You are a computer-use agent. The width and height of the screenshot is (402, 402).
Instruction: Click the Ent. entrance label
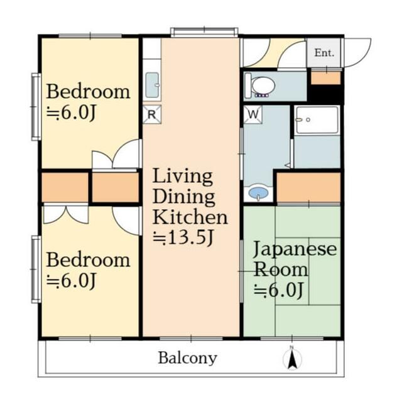[x=324, y=53]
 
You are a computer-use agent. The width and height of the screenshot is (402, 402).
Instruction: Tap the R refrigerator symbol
[x=152, y=114]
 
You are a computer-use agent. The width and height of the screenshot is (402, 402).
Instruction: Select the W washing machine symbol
[x=253, y=114]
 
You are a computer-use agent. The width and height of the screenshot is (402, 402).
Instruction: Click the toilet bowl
[x=263, y=85]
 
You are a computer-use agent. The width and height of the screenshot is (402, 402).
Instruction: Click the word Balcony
[x=188, y=358]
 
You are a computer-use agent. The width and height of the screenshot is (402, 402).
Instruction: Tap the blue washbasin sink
[x=258, y=192]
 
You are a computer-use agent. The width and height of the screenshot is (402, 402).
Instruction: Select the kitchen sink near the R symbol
[x=152, y=85]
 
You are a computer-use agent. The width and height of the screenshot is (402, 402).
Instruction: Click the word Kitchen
[x=190, y=217]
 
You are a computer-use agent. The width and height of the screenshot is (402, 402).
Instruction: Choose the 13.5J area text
[x=183, y=237]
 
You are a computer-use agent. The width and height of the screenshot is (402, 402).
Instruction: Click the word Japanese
[x=295, y=249]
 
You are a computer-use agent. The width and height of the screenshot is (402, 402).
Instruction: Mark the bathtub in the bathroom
[x=317, y=120]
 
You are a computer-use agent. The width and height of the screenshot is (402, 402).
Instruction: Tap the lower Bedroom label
[x=88, y=260]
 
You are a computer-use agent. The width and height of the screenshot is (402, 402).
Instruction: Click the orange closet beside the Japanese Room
[x=308, y=187]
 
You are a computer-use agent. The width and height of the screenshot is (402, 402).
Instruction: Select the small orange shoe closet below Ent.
[x=325, y=78]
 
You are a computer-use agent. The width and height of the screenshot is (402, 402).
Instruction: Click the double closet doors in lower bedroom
[x=66, y=215]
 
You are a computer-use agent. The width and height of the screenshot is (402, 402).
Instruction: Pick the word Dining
[x=183, y=197]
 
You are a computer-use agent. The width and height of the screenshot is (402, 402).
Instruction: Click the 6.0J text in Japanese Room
[x=279, y=290]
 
